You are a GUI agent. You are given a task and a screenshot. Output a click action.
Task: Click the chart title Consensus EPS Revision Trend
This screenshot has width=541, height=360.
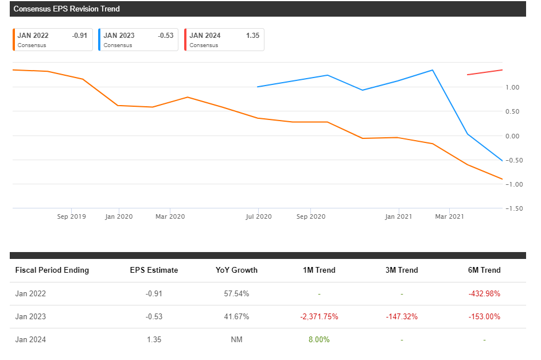click(67, 9)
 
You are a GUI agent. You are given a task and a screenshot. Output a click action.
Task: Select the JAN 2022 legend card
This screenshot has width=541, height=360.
click(52, 40)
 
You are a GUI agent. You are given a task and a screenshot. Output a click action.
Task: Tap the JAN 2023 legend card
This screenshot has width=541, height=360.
click(138, 40)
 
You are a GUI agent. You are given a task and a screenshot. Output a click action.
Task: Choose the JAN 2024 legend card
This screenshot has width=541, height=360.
click(224, 40)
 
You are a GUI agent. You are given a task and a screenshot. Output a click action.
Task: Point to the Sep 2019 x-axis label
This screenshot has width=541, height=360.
click(72, 216)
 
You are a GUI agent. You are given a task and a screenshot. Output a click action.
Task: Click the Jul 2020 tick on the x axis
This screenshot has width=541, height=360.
click(259, 216)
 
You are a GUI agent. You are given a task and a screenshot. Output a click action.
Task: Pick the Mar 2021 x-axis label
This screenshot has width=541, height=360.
click(449, 216)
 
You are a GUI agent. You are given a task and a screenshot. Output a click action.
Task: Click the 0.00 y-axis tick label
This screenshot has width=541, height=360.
click(512, 136)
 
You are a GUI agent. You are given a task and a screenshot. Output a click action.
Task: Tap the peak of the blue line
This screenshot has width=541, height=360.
click(432, 70)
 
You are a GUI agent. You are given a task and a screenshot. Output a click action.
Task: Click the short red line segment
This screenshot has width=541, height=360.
click(485, 72)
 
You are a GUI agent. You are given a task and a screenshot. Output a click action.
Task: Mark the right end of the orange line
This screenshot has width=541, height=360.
click(502, 179)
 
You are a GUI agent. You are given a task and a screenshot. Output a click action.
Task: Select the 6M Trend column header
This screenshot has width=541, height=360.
click(484, 270)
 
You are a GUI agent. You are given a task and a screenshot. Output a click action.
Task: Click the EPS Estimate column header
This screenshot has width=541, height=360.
click(154, 270)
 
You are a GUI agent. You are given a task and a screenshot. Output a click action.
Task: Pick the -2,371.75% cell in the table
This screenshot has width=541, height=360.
click(319, 316)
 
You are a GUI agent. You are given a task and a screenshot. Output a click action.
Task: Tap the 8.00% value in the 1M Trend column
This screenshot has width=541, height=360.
click(319, 339)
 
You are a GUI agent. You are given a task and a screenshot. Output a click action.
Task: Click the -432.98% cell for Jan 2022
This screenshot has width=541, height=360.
click(484, 293)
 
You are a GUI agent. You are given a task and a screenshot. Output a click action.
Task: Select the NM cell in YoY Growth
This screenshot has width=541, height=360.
click(236, 339)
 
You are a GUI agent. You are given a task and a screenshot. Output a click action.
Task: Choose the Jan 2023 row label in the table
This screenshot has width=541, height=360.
click(30, 316)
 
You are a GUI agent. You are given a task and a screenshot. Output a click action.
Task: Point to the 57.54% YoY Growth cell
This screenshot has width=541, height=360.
click(236, 293)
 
